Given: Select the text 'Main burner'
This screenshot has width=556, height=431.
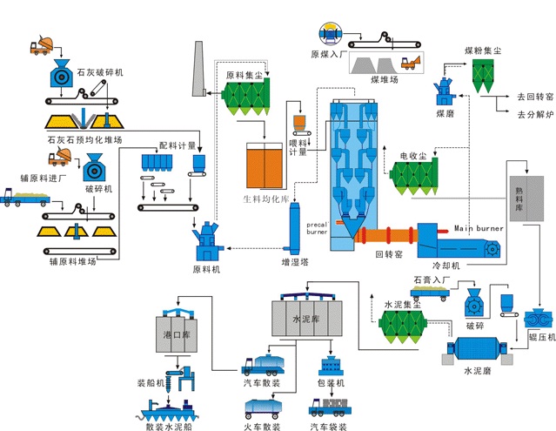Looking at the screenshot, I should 480,228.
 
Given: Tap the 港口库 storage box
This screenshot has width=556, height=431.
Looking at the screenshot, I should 178,335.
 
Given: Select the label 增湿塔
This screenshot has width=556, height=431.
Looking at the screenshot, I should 294,261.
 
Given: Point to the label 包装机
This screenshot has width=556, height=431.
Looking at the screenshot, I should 334,383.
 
